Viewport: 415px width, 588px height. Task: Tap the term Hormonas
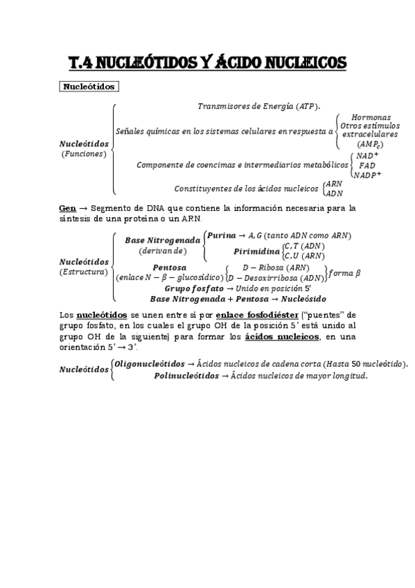(x=371, y=117)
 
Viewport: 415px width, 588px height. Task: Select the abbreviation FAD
(x=367, y=166)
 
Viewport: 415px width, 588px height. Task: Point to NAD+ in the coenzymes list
(x=367, y=156)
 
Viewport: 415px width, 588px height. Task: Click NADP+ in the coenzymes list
(x=367, y=175)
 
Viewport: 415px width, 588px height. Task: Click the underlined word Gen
(x=67, y=207)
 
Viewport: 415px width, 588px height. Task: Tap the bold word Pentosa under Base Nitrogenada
(x=169, y=268)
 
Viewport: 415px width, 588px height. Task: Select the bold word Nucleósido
(x=302, y=298)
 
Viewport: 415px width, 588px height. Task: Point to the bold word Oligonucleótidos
(x=150, y=363)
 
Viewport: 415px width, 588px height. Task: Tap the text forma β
(x=344, y=273)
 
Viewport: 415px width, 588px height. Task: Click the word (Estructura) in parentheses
(x=84, y=272)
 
